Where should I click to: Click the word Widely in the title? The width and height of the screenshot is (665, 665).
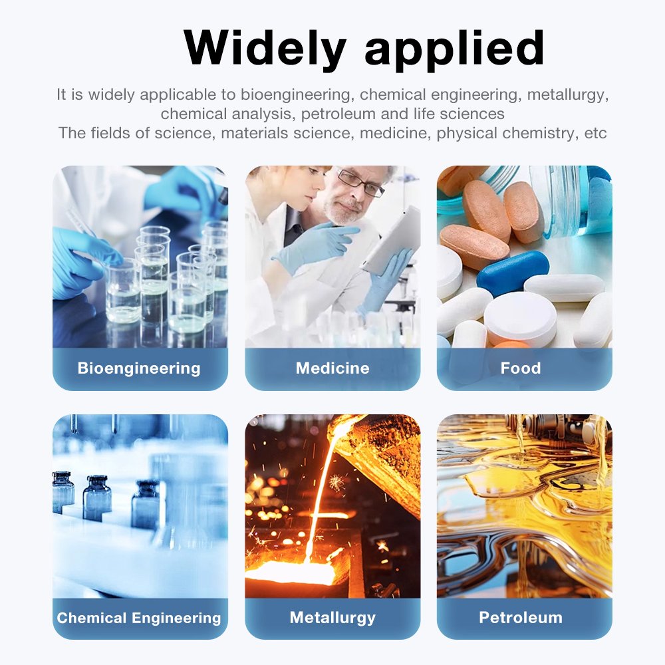coord(265,49)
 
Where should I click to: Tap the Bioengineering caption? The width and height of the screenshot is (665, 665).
coord(139,368)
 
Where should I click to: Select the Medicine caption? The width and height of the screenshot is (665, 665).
coord(332,368)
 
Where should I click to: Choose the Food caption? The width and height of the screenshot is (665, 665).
coord(521,368)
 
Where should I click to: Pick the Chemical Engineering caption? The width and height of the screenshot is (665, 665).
coord(139,618)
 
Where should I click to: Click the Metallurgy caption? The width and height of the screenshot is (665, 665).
coord(332,618)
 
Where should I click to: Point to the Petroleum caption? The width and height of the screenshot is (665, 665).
coord(521,618)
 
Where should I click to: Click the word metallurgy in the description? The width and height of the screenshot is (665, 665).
coord(568,94)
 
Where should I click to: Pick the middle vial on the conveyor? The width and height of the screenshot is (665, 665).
coord(97,498)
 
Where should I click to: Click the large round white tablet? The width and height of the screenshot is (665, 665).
coord(520,318)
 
